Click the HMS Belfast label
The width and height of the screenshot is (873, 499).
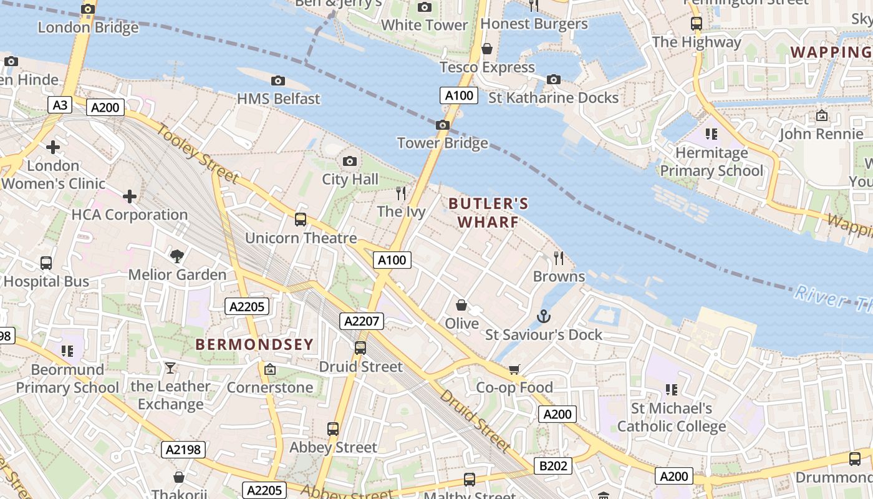(279, 99)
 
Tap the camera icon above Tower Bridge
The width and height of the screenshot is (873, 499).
(443, 125)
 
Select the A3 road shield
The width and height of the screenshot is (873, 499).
(60, 105)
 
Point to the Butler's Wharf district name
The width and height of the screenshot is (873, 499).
(488, 213)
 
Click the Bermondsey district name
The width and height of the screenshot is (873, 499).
(254, 344)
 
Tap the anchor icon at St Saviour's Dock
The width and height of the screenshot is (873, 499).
(544, 317)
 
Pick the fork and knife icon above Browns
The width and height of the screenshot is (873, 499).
(559, 258)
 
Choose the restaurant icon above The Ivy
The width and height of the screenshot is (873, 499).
(401, 193)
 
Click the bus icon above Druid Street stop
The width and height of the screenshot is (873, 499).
(360, 348)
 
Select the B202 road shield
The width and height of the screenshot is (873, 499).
(553, 466)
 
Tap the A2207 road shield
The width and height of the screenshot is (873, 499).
(362, 321)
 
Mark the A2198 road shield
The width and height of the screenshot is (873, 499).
(183, 449)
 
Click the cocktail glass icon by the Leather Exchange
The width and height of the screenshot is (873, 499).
(170, 368)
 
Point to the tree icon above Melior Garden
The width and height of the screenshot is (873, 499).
(177, 256)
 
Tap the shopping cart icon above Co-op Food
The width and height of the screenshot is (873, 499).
(514, 369)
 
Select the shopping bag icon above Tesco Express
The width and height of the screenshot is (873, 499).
(487, 49)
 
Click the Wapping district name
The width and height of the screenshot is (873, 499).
(831, 52)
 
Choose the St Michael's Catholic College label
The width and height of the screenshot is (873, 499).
(672, 417)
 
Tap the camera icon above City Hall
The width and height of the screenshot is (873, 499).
(350, 162)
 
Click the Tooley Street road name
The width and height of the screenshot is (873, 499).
(196, 153)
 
